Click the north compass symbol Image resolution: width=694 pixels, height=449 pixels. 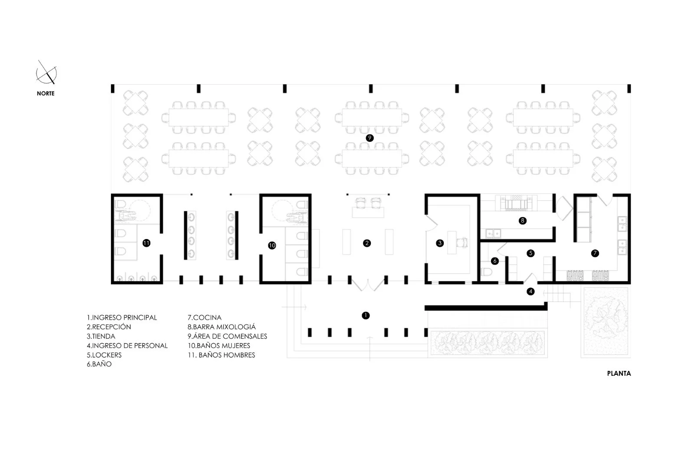47,73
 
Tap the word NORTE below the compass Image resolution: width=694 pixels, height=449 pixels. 46,93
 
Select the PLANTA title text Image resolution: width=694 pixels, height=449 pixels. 619,373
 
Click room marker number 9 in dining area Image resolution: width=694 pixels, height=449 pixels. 370,138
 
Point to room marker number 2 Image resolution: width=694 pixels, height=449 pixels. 367,243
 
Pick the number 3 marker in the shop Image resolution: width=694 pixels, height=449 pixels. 440,243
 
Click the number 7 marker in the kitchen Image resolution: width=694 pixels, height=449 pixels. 595,253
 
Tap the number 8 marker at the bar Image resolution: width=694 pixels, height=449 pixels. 522,221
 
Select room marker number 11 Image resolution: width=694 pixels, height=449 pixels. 146,243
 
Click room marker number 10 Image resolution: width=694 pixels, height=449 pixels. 272,246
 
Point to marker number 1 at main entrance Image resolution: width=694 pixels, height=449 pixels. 366,315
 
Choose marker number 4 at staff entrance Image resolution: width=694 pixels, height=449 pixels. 530,292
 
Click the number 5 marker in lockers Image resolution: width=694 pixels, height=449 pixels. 530,253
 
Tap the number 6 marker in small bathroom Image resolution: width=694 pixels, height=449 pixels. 495,261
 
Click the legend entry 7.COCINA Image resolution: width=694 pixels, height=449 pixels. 204,318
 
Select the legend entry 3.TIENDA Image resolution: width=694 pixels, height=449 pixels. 101,336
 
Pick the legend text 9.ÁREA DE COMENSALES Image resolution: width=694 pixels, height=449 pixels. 227,336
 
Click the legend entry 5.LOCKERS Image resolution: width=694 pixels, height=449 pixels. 104,355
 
